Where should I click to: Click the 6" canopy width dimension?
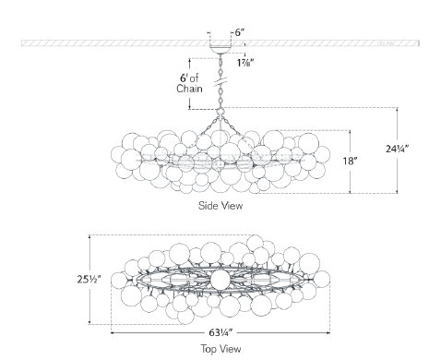click(238, 31)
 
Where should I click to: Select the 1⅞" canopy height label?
click(244, 63)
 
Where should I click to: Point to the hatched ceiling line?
click(92, 42)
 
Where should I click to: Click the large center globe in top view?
click(220, 279)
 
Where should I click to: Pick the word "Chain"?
click(188, 90)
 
